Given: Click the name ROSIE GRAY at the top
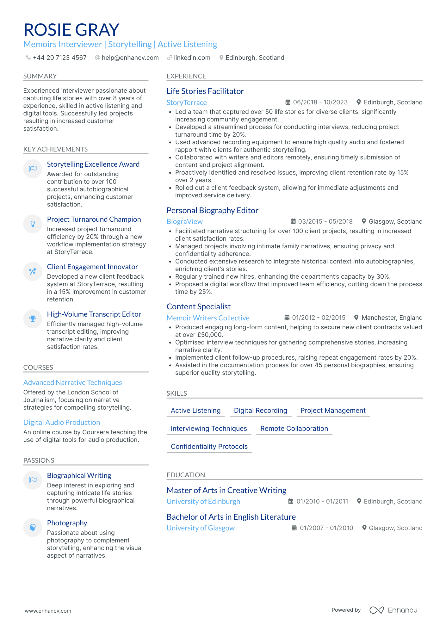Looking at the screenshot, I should coord(71,30).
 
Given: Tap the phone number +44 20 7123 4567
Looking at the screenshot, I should coord(59,58).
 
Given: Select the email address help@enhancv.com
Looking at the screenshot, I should coord(130,58).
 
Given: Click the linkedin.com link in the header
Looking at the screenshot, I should coord(192,58).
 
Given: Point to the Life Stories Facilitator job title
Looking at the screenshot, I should coord(205,91).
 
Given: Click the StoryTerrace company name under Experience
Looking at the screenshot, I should coord(187,102).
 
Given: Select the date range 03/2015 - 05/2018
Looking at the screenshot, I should coord(325,221).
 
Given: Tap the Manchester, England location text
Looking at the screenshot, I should coord(392,318).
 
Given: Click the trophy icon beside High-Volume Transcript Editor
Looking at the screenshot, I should coord(33,319).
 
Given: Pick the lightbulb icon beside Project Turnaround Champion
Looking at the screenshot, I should coord(33,224).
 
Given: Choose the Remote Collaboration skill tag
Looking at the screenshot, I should coord(294,429).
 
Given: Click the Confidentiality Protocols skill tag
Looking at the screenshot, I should coord(209,447).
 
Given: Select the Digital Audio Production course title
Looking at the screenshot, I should coord(62,422).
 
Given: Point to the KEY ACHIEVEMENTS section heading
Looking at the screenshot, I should coord(56,149).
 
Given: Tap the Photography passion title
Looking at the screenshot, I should coord(67,523).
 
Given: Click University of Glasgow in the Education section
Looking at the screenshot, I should coord(201,528).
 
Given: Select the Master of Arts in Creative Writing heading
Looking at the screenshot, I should coord(226,490).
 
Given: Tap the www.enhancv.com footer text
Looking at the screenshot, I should coord(48,611).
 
